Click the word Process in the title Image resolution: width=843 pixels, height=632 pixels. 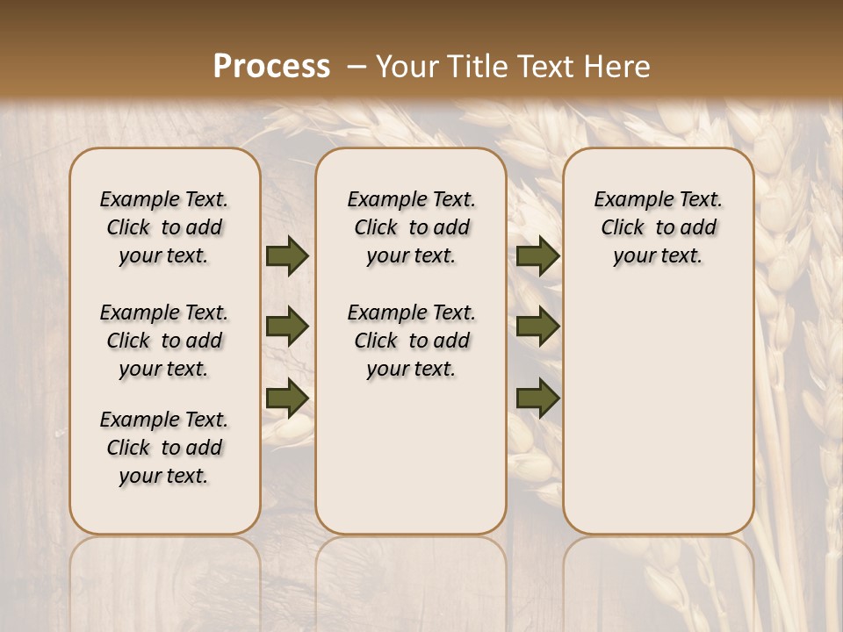(x=271, y=66)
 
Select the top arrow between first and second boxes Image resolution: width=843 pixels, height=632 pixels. (x=287, y=256)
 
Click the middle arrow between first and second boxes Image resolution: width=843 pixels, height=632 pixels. (x=287, y=327)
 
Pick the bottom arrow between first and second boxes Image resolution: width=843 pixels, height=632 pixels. (x=287, y=397)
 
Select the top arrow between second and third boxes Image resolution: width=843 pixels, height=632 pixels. (x=538, y=256)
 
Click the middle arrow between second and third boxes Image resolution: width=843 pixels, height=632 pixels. (x=538, y=327)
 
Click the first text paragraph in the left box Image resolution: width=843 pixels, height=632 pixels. (x=164, y=227)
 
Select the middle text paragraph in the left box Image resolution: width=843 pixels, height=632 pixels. (x=164, y=341)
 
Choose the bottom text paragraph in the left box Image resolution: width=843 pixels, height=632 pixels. (x=164, y=448)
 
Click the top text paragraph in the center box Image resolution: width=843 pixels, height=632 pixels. (x=411, y=227)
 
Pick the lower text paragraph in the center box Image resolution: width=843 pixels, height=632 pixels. (x=411, y=341)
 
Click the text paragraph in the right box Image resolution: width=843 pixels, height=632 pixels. (x=658, y=227)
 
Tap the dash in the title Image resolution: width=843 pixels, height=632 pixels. (x=357, y=66)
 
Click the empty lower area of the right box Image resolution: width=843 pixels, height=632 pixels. (x=658, y=413)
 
